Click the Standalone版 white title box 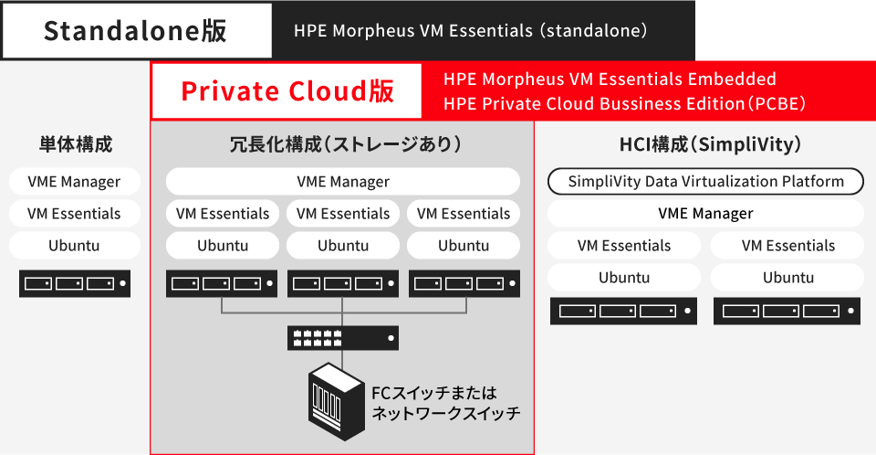coord(136,31)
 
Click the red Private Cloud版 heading coord(287,90)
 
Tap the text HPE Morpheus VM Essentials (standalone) coord(470,31)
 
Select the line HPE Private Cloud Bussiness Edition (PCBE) coord(624,103)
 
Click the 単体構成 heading coord(76,143)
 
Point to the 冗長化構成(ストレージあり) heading coord(342,143)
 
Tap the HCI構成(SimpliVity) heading coord(704,143)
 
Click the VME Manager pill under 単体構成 coord(75,181)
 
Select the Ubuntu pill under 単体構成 coord(75,245)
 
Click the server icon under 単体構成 coord(75,283)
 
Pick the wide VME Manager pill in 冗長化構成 coord(342,181)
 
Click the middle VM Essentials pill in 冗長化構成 coord(343,213)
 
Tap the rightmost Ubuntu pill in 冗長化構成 coord(464,245)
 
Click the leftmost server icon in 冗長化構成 coord(222,283)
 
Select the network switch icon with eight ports coord(342,338)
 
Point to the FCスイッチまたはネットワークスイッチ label coord(444,403)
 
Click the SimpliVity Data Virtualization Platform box coord(705,181)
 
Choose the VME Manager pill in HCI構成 coord(705,213)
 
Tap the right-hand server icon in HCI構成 coord(787,311)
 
